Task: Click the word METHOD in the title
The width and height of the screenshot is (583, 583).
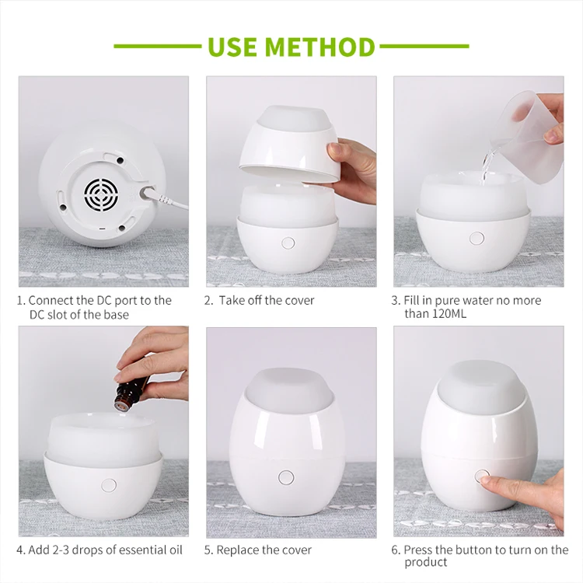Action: (319, 47)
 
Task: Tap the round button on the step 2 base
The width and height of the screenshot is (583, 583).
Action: (288, 243)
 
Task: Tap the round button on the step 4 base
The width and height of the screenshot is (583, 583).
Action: (109, 484)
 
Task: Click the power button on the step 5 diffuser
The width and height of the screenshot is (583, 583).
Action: (286, 477)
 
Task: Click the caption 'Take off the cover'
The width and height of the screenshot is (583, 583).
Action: (266, 300)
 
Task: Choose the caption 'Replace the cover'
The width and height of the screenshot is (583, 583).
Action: (264, 550)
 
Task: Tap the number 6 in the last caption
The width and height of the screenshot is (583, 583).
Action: (395, 550)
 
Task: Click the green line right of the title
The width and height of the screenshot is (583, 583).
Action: (424, 47)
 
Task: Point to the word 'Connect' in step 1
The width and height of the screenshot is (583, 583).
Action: (51, 300)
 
